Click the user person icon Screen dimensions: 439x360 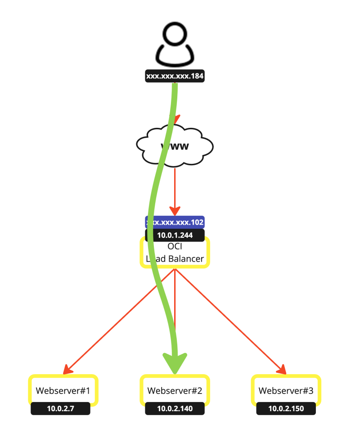tap(175, 45)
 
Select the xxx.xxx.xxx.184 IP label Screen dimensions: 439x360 tap(175, 77)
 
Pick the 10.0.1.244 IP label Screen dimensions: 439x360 tap(175, 235)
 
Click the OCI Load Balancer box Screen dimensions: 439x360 tap(175, 253)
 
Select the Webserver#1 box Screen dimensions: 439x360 tap(63, 390)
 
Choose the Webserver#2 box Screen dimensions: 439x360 tap(175, 390)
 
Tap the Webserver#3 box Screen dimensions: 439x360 tap(286, 390)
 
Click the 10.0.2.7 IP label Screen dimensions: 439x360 tap(60, 409)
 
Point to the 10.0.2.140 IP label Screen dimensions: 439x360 tap(175, 409)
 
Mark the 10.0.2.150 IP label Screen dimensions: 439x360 tap(286, 409)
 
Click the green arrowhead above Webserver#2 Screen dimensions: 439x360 tap(175, 362)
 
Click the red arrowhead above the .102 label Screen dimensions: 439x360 tap(175, 211)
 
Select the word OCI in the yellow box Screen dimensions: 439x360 tap(175, 247)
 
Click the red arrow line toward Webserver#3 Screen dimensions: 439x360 tap(229, 320)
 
